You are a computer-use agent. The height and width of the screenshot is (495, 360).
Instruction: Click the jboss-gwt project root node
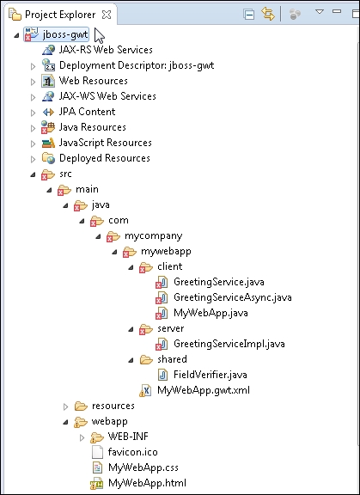(65, 34)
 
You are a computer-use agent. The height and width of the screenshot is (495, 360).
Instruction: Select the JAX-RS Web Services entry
(106, 50)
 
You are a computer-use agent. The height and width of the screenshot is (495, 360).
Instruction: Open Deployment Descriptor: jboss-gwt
(137, 65)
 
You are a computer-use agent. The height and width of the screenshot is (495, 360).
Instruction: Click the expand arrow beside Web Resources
(34, 82)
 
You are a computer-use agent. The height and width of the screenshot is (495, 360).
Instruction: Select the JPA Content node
(87, 112)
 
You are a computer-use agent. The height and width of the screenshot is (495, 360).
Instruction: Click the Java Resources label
(93, 127)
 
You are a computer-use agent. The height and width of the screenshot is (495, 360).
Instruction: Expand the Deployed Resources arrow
(34, 160)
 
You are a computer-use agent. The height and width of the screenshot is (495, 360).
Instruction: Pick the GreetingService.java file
(218, 282)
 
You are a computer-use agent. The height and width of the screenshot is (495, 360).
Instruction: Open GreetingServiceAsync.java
(233, 297)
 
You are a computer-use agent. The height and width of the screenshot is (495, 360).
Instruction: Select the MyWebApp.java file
(211, 313)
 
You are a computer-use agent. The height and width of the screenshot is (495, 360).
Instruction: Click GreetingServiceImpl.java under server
(229, 344)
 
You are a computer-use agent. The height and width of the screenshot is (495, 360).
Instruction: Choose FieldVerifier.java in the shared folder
(211, 375)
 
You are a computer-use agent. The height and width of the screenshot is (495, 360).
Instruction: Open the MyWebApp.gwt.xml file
(203, 390)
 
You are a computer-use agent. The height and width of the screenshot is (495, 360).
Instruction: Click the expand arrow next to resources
(66, 407)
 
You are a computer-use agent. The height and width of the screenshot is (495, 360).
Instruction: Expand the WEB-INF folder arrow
(82, 438)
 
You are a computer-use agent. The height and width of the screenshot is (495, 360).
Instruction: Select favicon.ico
(132, 452)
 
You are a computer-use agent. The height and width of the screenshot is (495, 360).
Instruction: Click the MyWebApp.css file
(143, 467)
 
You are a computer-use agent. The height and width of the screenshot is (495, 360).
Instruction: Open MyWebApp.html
(147, 483)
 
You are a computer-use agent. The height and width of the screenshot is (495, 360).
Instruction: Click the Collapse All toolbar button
(249, 15)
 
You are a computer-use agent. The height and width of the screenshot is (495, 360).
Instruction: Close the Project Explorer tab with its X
(107, 15)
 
